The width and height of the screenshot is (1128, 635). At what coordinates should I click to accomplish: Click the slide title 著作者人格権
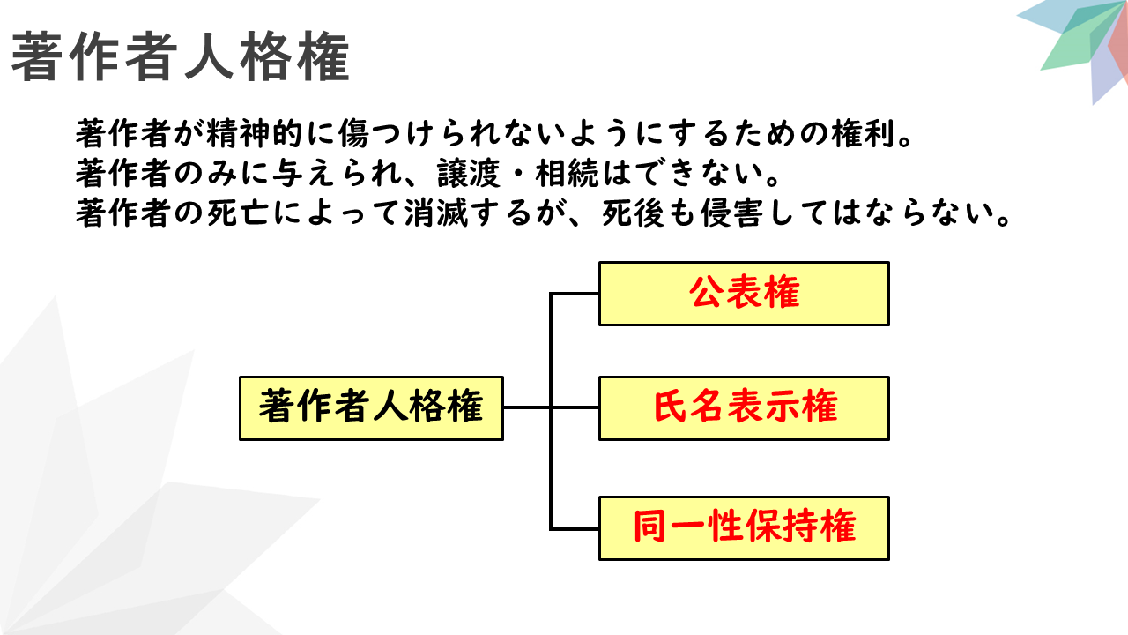point(181,56)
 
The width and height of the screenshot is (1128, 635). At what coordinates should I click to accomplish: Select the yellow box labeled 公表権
point(745,294)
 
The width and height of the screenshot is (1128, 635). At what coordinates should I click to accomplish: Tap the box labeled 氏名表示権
point(745,408)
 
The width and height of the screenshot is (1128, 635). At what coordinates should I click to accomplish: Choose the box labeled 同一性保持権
point(745,528)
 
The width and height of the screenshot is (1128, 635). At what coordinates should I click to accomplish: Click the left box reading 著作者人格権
point(372,408)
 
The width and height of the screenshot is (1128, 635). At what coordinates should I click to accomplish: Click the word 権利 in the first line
point(865,134)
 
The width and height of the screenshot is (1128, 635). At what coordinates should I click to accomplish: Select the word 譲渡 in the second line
point(469,174)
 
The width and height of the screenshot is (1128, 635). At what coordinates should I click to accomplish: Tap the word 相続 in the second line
point(568,174)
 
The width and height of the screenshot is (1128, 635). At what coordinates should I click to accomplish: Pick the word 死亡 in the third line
point(239,213)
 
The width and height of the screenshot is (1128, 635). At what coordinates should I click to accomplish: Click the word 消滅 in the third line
point(436,213)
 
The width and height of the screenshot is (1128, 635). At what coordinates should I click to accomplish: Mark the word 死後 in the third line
point(634,213)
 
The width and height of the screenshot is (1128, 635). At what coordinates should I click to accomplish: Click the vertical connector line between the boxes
point(551,411)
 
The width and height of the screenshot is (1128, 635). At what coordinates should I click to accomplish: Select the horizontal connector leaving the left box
point(527,407)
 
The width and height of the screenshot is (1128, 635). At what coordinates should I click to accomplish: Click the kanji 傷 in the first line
point(354,134)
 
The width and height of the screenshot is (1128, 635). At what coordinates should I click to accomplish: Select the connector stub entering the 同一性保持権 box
point(575,529)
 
